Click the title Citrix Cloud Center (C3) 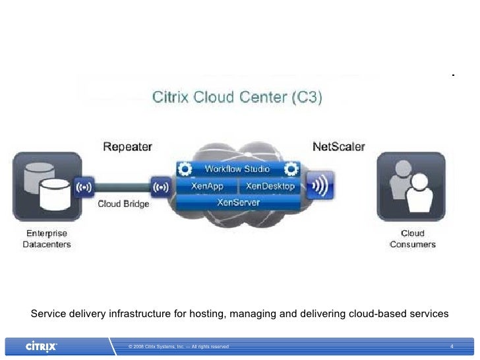coord(238,98)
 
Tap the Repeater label coord(127,146)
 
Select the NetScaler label coord(338,146)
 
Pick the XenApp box coord(206,186)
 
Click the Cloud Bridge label coord(123,204)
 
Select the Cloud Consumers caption coord(413,239)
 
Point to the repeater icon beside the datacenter coord(85,186)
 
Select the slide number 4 coord(452,346)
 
